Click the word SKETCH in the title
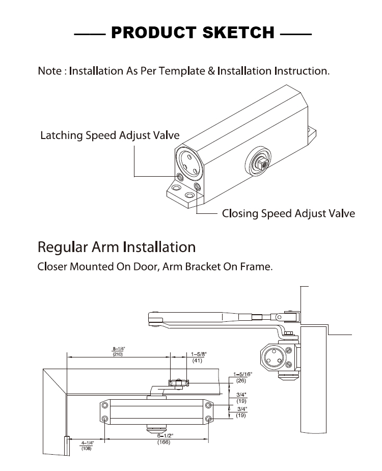[238, 33]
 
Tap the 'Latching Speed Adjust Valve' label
[110, 135]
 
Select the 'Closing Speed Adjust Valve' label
[288, 213]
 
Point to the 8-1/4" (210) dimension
[118, 351]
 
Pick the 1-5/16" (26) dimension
[242, 377]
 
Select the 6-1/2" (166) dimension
[164, 439]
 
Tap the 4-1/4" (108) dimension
[87, 446]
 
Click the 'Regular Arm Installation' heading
[117, 247]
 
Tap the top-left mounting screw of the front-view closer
[105, 405]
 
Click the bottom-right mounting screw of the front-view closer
[208, 419]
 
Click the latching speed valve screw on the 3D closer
[180, 177]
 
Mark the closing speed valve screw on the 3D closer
[197, 186]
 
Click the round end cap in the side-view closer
[273, 357]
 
